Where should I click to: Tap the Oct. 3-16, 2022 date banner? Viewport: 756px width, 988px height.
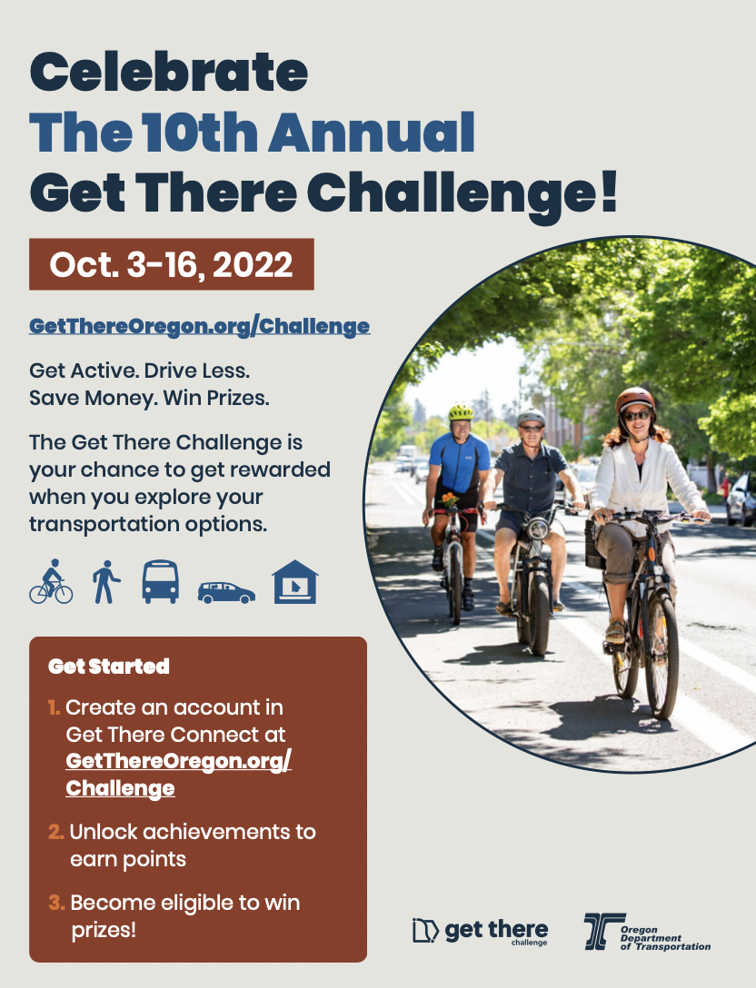pos(172,264)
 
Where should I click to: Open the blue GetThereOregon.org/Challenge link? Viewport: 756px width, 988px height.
pos(199,326)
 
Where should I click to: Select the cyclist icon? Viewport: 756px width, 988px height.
pos(51,581)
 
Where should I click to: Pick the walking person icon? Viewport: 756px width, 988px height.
pos(106,581)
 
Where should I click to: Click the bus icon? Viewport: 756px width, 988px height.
pos(160,581)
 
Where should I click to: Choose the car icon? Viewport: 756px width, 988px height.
pos(226,592)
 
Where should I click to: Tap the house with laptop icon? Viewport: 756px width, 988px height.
pos(295,581)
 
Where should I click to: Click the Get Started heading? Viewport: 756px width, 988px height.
pos(108,666)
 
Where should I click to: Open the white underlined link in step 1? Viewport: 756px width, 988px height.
pos(178,775)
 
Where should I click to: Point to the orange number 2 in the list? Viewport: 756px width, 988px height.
pos(55,832)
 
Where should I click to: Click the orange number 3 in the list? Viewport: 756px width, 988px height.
pos(56,903)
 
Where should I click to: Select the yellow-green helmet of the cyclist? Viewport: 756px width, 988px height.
pos(461,412)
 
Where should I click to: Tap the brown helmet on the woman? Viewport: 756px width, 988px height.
pos(634,400)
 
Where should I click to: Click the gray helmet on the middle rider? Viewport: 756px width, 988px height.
pos(531,417)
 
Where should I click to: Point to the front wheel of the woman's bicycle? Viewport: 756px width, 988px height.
pos(661,656)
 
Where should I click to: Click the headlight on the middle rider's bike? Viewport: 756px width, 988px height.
pos(538,528)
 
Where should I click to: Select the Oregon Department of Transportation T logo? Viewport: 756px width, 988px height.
pos(604,931)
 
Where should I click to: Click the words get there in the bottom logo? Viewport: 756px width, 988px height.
pos(496,929)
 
